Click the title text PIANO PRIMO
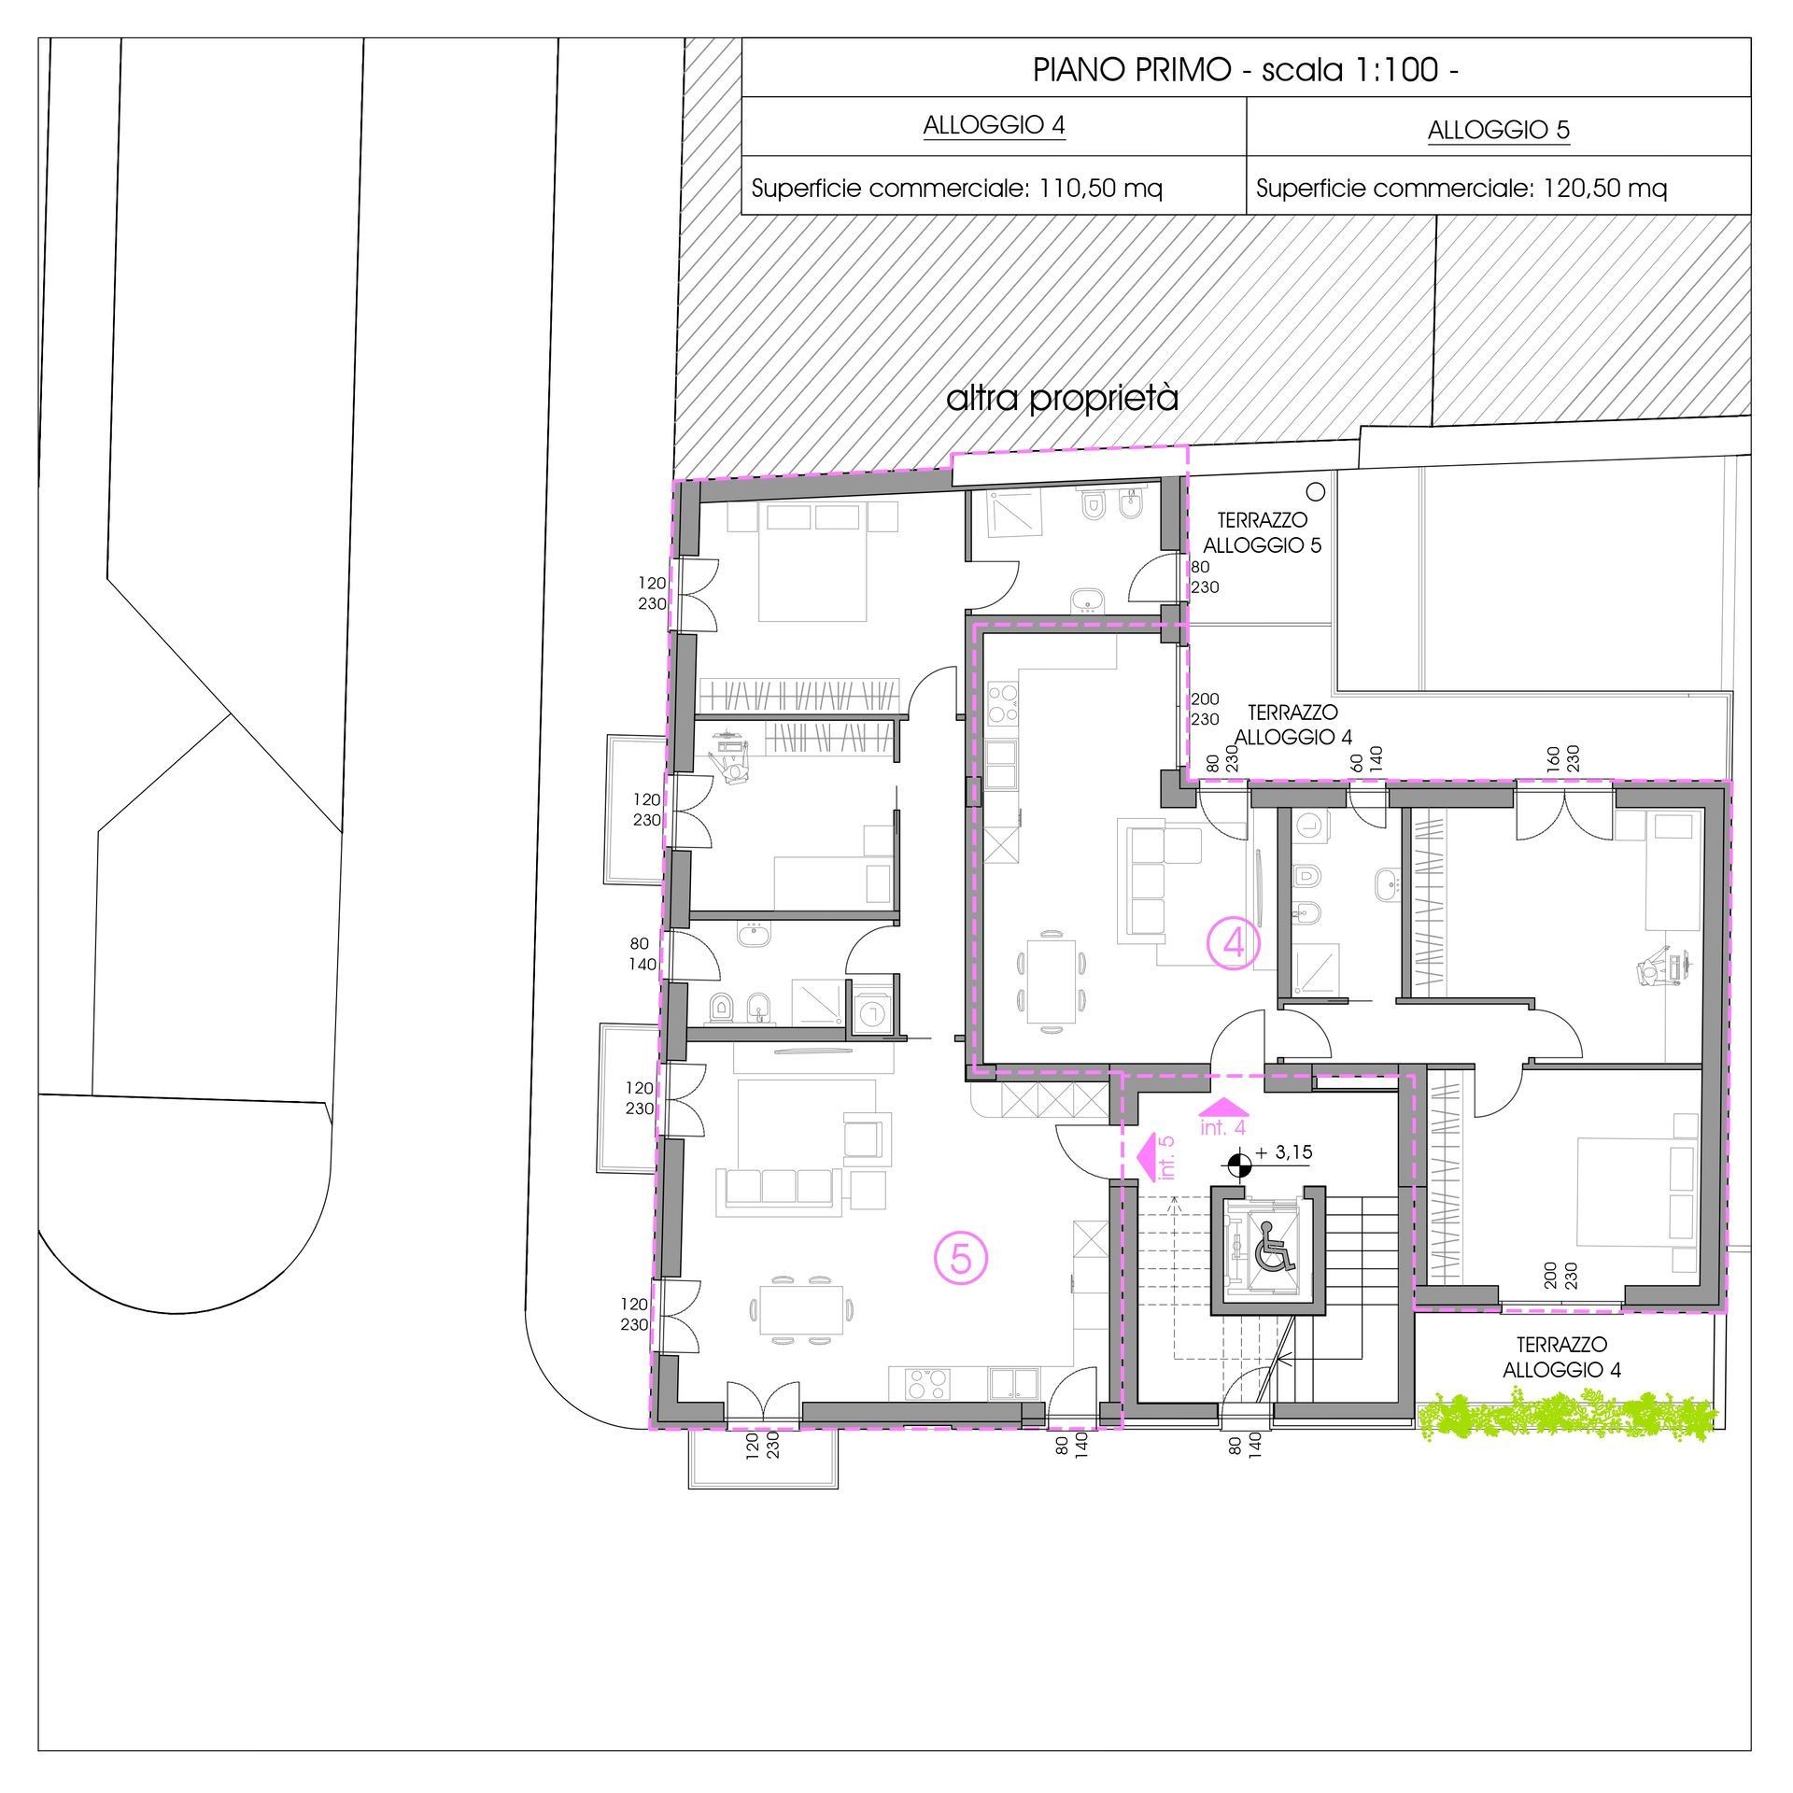pyautogui.click(x=1132, y=70)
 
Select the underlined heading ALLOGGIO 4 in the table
pyautogui.click(x=994, y=125)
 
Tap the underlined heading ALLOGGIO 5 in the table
pyautogui.click(x=1498, y=130)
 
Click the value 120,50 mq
pyautogui.click(x=1604, y=189)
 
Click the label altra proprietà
pyautogui.click(x=1062, y=399)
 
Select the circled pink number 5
pyautogui.click(x=961, y=1260)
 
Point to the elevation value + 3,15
pyautogui.click(x=1284, y=1153)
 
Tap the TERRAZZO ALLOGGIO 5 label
pyautogui.click(x=1262, y=532)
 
